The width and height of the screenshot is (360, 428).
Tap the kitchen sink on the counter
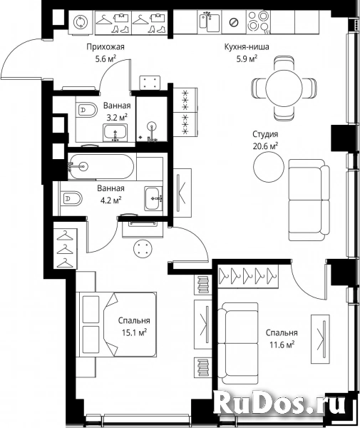pyautogui.click(x=209, y=21)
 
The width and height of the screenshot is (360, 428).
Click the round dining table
pyautogui.click(x=284, y=88)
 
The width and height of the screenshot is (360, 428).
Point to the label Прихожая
pyautogui.click(x=106, y=47)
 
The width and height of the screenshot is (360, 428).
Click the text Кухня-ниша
pyautogui.click(x=247, y=46)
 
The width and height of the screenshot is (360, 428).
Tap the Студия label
pyautogui.click(x=265, y=134)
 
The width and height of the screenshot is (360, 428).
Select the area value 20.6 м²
pyautogui.click(x=265, y=146)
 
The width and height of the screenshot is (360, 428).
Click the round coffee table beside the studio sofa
pyautogui.click(x=269, y=166)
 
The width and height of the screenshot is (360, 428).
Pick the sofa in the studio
pyautogui.click(x=309, y=200)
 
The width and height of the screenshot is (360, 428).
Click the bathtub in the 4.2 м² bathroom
pyautogui.click(x=101, y=165)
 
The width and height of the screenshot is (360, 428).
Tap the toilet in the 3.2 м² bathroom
pyautogui.click(x=87, y=111)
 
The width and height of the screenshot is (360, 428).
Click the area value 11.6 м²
pyautogui.click(x=282, y=345)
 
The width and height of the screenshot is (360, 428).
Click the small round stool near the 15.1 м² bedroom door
pyautogui.click(x=143, y=248)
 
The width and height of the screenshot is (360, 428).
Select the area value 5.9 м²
pyautogui.click(x=247, y=58)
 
